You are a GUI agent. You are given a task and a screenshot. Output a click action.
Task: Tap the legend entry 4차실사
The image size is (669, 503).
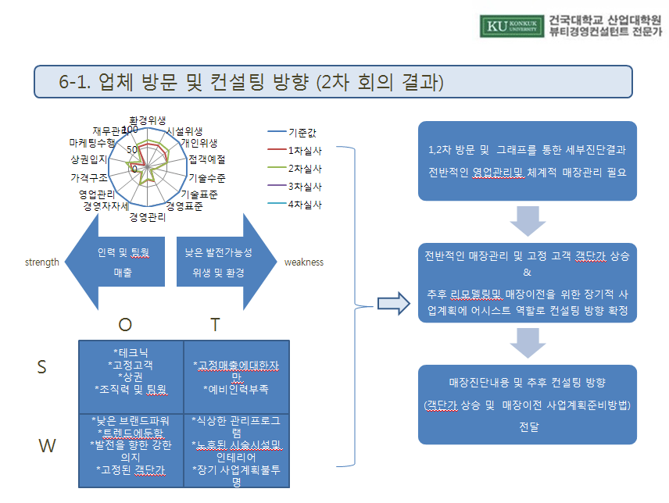click(305, 205)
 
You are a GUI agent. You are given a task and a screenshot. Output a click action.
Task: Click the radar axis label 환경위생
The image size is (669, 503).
click(147, 120)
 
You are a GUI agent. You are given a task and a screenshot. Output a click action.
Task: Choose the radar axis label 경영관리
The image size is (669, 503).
click(147, 217)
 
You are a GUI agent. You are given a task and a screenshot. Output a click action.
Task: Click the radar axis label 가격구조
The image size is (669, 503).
click(88, 177)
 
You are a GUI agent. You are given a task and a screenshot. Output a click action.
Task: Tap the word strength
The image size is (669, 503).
click(42, 262)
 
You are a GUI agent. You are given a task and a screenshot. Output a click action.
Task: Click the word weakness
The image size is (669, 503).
click(304, 262)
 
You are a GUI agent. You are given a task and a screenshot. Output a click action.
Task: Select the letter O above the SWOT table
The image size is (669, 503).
click(125, 324)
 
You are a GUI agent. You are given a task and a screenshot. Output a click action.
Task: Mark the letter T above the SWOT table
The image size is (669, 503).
click(215, 324)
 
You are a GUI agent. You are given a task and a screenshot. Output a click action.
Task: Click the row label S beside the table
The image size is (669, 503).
click(41, 368)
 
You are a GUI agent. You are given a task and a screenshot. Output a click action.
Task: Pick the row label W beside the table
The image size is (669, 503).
click(48, 446)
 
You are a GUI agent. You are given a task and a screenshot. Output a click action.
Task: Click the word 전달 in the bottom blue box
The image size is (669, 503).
click(528, 426)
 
